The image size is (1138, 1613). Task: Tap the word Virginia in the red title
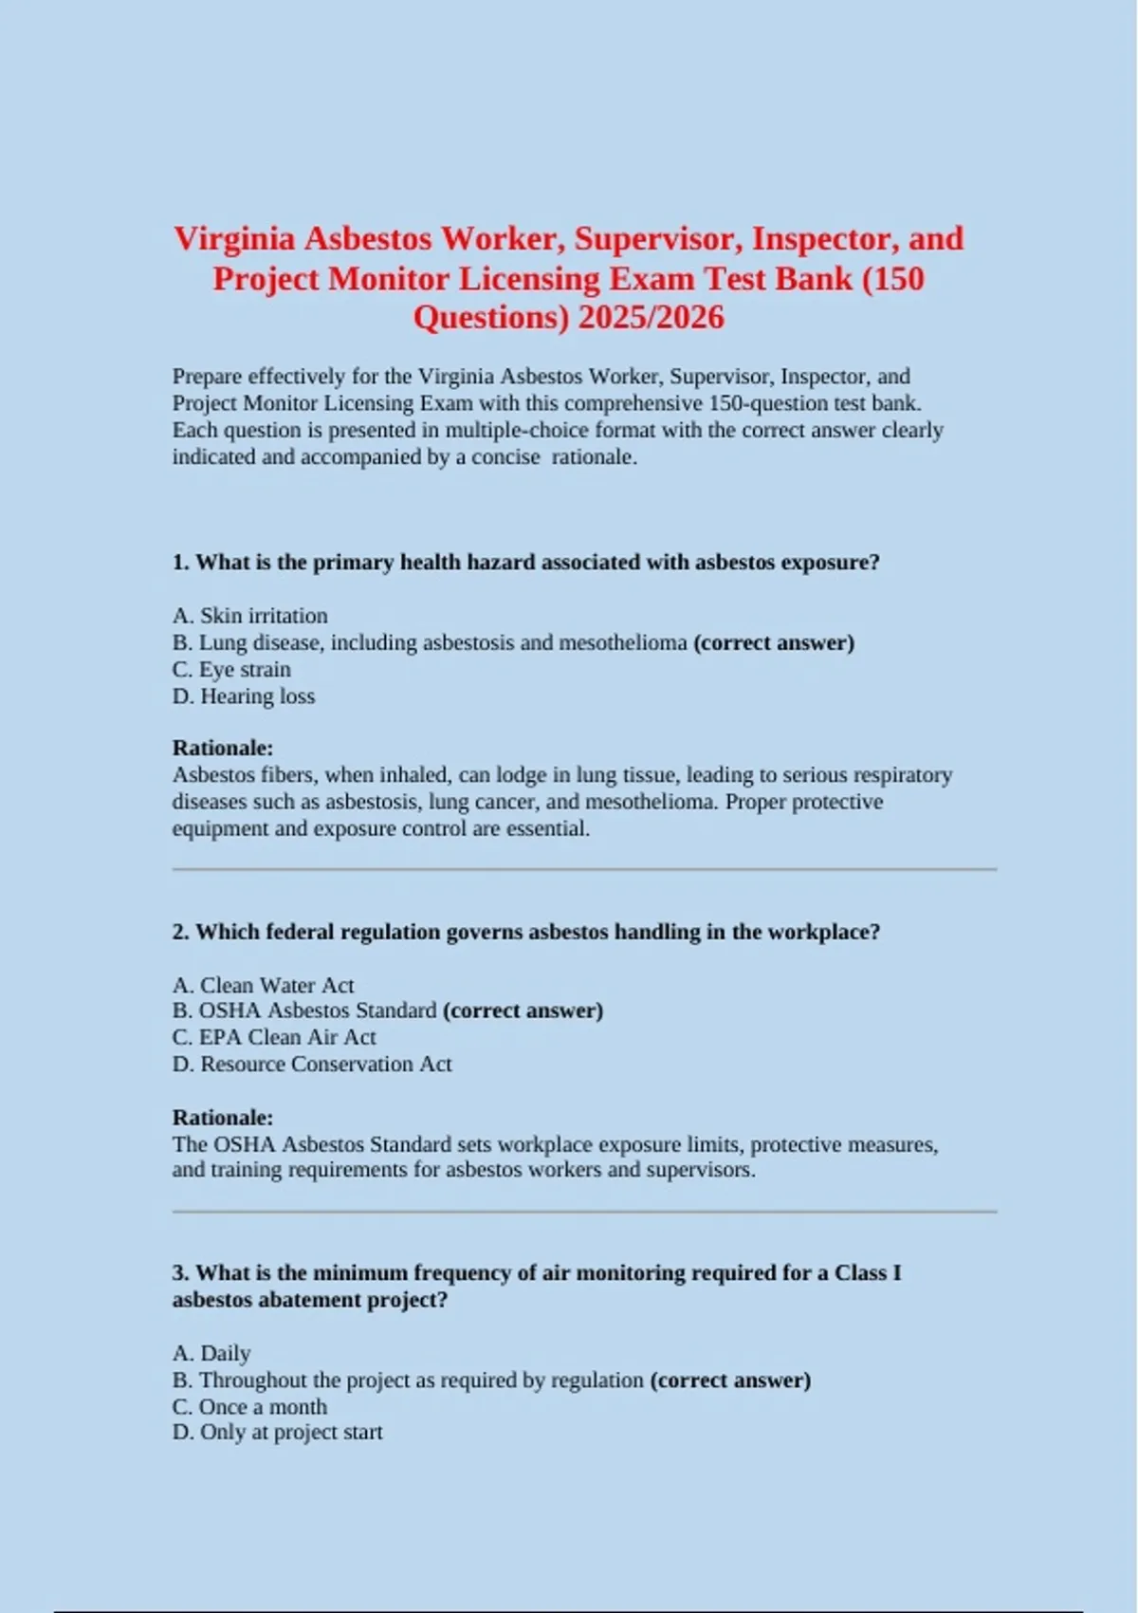coord(235,238)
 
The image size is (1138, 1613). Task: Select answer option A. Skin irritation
coord(250,616)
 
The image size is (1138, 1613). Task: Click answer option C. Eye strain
coord(231,670)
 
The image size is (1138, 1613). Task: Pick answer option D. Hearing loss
coord(244,696)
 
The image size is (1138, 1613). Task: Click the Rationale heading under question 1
coord(223,748)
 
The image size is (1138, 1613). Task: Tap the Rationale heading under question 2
coord(223,1117)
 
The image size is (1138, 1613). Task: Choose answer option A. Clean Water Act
coord(263,985)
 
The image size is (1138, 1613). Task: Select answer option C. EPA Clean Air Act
coord(274,1037)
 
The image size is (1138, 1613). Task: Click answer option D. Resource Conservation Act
coord(312,1065)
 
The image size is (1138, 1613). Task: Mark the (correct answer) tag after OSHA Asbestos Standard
coord(523,1010)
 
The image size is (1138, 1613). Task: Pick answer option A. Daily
coord(211,1353)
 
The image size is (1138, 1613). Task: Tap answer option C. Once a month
coord(249,1407)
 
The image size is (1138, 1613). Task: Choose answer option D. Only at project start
coord(277,1433)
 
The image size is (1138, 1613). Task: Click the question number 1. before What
coord(180,563)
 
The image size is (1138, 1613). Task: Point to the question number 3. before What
coord(180,1273)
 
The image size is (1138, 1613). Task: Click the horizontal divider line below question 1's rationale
coord(584,869)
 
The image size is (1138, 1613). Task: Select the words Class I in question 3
coord(867,1273)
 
